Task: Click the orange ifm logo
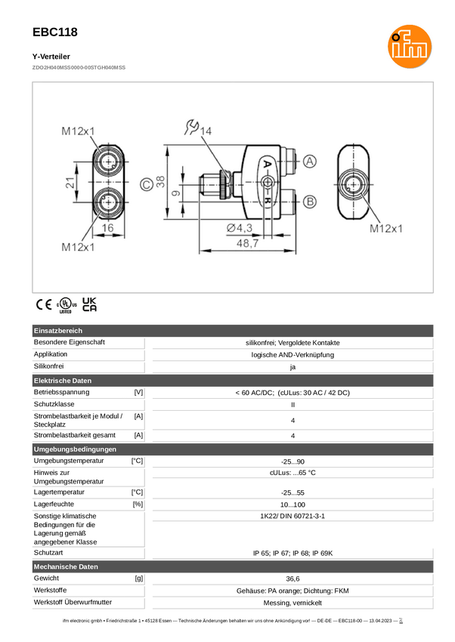(x=409, y=45)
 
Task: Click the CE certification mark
(x=42, y=305)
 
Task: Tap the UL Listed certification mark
(x=66, y=305)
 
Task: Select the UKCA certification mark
(x=89, y=305)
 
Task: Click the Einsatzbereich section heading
(x=58, y=331)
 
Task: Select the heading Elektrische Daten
(x=63, y=380)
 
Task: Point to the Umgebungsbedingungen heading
(x=75, y=449)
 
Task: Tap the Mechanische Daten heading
(x=67, y=566)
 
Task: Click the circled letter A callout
(x=311, y=162)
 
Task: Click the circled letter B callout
(x=311, y=202)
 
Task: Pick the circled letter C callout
(x=146, y=183)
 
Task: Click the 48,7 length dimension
(x=248, y=244)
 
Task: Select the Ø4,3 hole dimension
(x=239, y=228)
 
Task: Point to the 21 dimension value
(x=70, y=182)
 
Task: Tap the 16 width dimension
(x=107, y=228)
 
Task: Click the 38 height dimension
(x=160, y=182)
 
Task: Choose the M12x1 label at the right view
(x=386, y=228)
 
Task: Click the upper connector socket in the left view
(x=108, y=162)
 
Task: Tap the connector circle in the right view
(x=353, y=184)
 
